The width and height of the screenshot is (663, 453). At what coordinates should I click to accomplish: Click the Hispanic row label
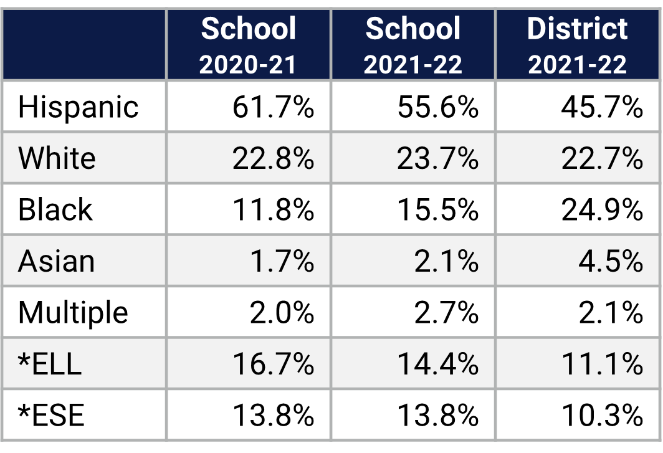78,107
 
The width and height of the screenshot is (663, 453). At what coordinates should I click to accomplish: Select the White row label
57,158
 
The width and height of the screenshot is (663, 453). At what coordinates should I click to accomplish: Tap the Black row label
55,209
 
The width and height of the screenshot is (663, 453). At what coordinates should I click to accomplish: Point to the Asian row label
56,261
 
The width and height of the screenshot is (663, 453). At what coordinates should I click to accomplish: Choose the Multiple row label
73,312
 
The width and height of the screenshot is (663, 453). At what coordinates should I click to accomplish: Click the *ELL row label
50,363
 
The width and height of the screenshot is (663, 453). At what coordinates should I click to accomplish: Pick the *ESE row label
51,415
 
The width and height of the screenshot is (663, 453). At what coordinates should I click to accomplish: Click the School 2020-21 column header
248,45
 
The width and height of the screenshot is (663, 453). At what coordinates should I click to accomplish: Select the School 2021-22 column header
413,45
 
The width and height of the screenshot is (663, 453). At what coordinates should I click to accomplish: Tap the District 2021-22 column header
577,45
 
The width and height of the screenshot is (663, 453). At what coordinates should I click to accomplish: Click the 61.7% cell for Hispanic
273,107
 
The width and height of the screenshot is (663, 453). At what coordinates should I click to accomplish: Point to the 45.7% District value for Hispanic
601,107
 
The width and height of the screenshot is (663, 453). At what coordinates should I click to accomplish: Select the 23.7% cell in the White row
437,158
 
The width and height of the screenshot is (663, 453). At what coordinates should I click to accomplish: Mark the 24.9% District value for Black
601,209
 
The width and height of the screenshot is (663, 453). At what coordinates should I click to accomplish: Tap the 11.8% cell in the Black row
273,209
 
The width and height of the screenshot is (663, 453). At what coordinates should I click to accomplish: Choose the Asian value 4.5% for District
610,261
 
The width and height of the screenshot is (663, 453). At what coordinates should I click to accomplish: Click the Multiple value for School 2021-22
446,312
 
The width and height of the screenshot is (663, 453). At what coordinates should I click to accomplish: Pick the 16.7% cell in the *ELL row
273,363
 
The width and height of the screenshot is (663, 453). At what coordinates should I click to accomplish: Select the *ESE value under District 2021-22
601,415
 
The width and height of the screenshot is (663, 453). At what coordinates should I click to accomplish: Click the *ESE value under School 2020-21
273,415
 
